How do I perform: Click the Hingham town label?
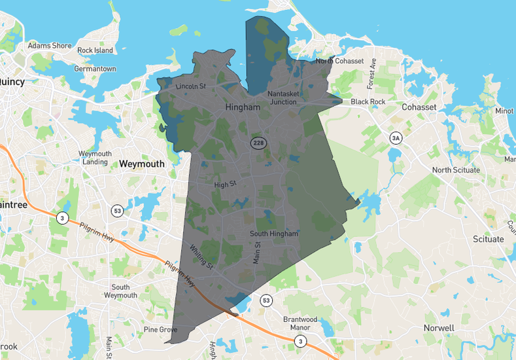pos(243,107)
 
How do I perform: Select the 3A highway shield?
pos(395,138)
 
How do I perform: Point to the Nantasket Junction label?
pos(283,98)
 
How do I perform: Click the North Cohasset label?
pos(339,61)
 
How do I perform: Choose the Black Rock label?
pos(368,101)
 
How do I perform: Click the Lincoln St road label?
pos(191,86)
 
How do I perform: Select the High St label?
pos(224,185)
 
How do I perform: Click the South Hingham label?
pos(274,234)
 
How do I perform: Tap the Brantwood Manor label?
pos(300,323)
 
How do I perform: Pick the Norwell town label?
pos(438,327)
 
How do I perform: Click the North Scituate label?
pos(456,170)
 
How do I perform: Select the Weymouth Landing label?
pos(95,158)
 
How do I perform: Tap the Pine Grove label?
pos(160,329)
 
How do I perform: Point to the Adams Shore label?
pos(50,46)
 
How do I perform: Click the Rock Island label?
pos(95,50)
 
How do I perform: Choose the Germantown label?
pos(95,69)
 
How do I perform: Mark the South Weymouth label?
pos(120,291)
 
